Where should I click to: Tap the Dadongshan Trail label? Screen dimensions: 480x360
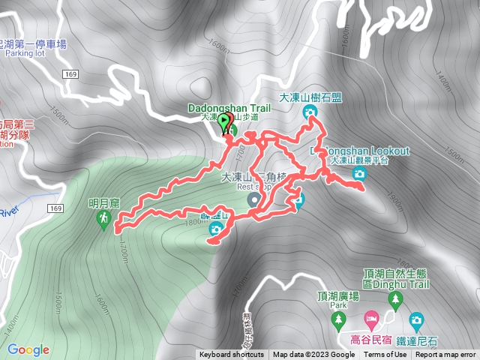[x=229, y=108]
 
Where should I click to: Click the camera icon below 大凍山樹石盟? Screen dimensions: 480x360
[x=310, y=112]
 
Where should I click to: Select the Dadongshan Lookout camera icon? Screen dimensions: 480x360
[x=359, y=174]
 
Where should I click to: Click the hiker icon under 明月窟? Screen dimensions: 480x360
[x=103, y=218]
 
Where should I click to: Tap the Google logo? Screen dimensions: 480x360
[x=28, y=349]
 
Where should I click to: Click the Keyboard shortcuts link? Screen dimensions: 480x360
[x=232, y=355]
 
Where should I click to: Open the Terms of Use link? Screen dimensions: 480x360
[x=385, y=355]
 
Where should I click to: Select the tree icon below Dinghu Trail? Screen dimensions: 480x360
[x=395, y=301]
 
